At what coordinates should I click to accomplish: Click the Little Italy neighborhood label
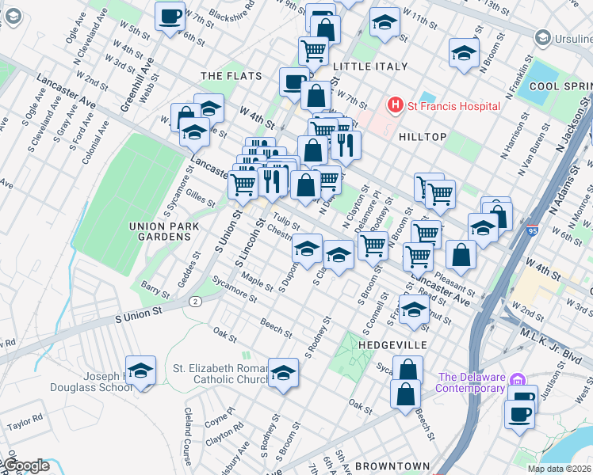(x=370, y=66)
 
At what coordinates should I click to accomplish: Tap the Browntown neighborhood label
(x=392, y=466)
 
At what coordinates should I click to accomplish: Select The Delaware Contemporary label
(x=472, y=382)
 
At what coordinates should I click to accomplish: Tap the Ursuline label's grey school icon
(x=543, y=37)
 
